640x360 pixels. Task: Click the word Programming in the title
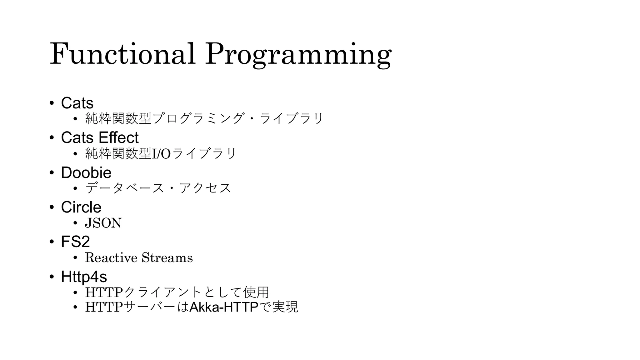point(298,55)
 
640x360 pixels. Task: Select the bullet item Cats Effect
point(100,137)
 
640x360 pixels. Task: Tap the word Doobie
point(86,172)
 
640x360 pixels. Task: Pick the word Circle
point(81,207)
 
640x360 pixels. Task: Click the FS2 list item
point(75,242)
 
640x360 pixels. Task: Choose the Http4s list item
point(84,277)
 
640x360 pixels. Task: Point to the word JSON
point(103,223)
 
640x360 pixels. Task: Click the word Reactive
point(111,257)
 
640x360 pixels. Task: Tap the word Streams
point(167,257)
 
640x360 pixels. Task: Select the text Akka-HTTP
point(224,307)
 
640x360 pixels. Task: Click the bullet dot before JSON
point(75,223)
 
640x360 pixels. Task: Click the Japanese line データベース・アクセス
point(158,188)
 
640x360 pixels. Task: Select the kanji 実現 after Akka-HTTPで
point(285,307)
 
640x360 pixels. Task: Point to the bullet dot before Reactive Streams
point(75,257)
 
